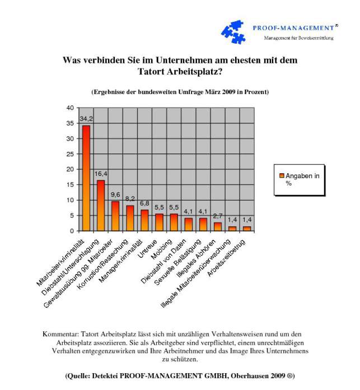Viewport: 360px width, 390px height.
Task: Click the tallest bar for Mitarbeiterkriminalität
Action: [86, 178]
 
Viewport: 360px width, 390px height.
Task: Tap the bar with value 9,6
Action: [115, 216]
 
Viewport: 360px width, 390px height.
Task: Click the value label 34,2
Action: [86, 119]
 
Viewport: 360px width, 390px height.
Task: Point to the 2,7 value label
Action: [218, 216]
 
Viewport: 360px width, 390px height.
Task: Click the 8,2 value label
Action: [130, 199]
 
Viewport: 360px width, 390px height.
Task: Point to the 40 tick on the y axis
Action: [70, 108]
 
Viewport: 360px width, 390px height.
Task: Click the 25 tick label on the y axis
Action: [70, 154]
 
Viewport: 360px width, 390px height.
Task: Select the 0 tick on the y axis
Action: [72, 231]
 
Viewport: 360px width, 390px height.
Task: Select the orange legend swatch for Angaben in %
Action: [282, 176]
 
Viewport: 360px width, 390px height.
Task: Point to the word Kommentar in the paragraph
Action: [62, 335]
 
